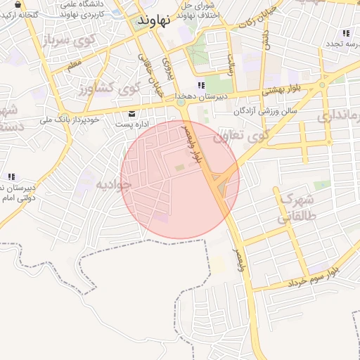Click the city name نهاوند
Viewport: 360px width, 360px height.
pyautogui.click(x=154, y=20)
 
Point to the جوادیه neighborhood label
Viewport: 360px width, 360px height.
pyautogui.click(x=114, y=185)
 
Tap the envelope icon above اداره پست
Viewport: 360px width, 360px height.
pyautogui.click(x=132, y=114)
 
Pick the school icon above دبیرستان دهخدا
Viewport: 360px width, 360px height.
pyautogui.click(x=201, y=86)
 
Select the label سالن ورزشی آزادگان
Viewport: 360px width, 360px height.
pyautogui.click(x=266, y=111)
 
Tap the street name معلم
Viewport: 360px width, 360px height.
pyautogui.click(x=74, y=64)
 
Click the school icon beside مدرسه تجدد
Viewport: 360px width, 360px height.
pyautogui.click(x=345, y=32)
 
